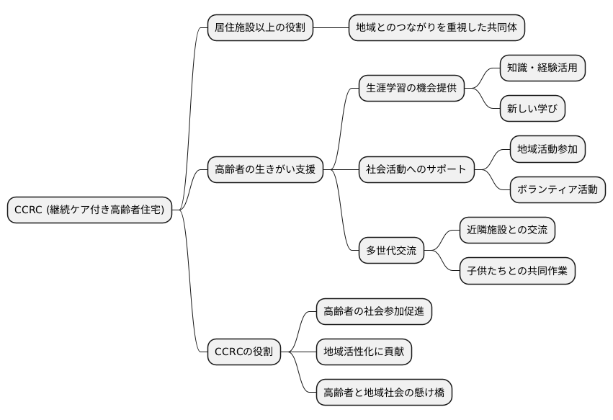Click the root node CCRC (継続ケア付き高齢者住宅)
90,210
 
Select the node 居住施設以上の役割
259,28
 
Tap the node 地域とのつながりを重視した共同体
437,28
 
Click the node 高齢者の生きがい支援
265,170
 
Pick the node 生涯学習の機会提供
411,89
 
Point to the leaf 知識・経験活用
542,68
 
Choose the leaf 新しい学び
532,109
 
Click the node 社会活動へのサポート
416,170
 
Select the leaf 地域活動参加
547,149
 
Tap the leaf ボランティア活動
558,189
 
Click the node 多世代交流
391,251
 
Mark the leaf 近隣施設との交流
507,230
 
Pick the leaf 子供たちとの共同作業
517,271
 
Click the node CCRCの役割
244,352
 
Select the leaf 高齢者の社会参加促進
374,311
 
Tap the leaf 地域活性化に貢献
364,352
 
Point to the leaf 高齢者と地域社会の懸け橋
384,392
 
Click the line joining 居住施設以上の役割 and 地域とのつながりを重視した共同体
331,28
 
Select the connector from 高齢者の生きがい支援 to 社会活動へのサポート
341,170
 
